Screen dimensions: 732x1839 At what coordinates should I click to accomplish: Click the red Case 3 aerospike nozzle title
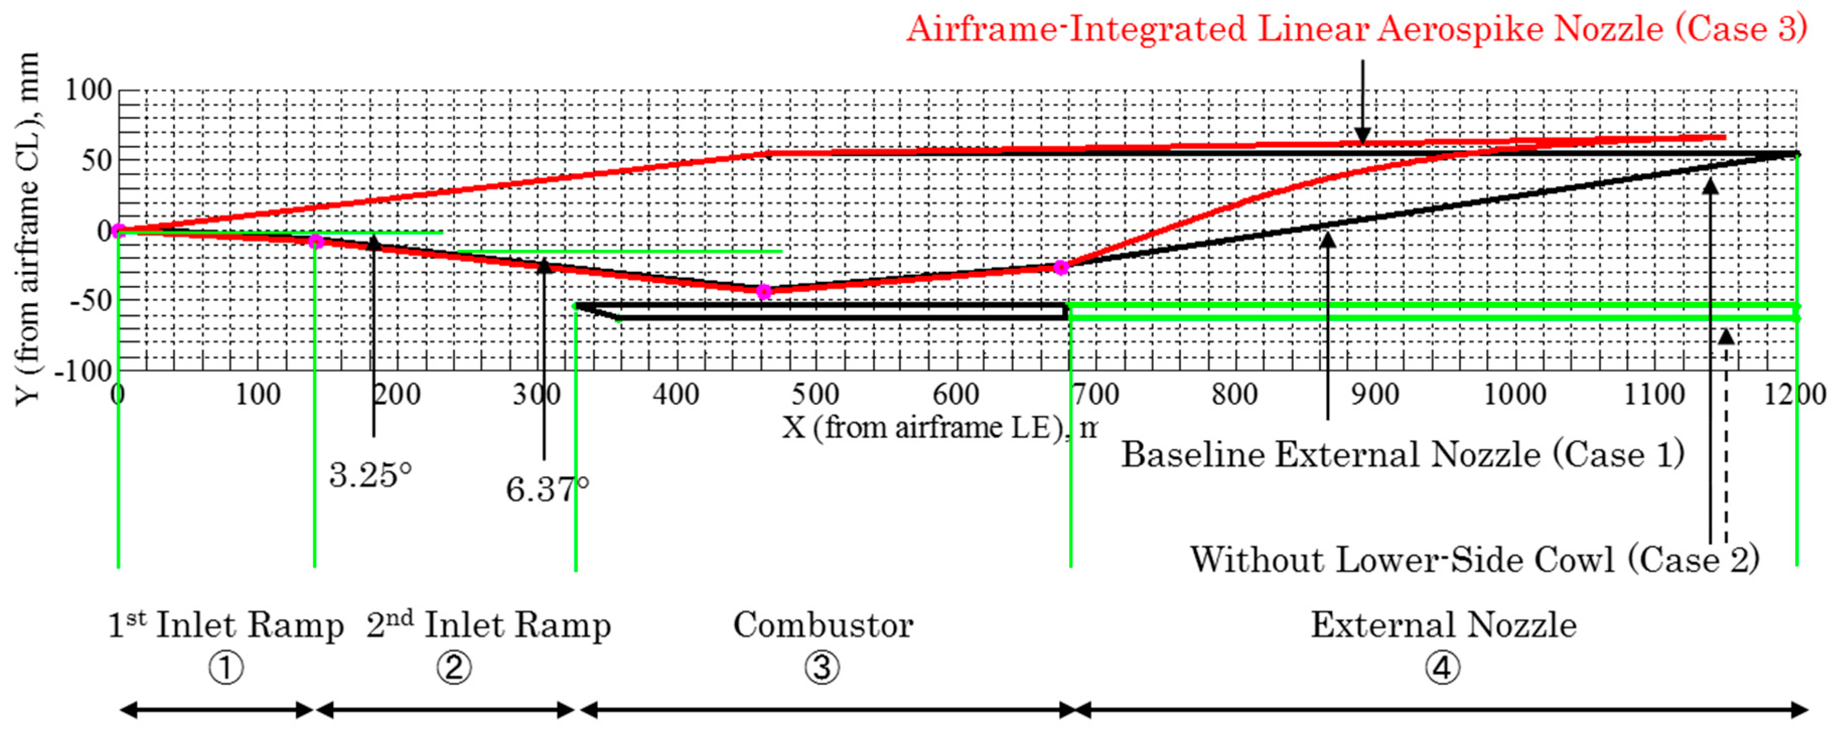point(1356,30)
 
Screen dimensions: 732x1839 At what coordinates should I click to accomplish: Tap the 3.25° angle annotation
point(371,475)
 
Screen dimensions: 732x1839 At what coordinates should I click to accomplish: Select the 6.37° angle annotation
point(547,489)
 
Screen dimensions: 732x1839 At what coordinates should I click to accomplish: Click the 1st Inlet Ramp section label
point(226,626)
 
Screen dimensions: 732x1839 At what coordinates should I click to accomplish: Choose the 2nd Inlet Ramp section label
point(489,626)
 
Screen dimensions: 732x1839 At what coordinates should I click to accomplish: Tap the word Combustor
point(823,626)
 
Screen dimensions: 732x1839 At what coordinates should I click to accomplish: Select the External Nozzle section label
point(1443,626)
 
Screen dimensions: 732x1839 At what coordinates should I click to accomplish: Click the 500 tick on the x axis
point(815,394)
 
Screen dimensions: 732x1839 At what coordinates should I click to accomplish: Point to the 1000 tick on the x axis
point(1515,394)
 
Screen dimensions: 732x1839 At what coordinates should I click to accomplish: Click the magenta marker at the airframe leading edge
point(118,231)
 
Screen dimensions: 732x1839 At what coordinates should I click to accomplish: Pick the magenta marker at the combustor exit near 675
point(1062,267)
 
